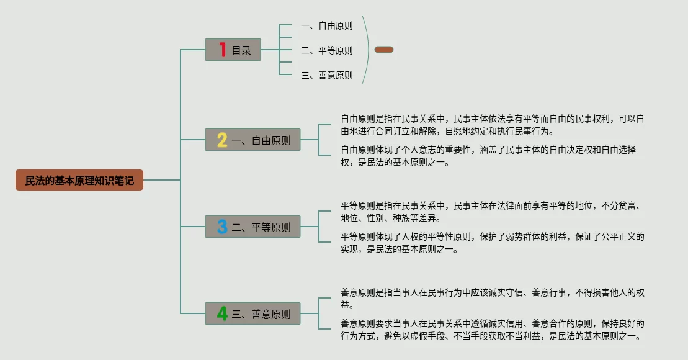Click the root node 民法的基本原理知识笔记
pos(79,180)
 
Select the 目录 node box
pos(233,50)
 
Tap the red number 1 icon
pos(222,50)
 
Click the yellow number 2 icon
pos(222,140)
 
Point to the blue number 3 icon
pos(222,227)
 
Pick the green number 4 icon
pos(222,314)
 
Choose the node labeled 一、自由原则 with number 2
pos(253,140)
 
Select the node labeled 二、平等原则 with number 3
pos(253,227)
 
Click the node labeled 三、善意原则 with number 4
pos(253,314)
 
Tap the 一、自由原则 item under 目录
pos(326,25)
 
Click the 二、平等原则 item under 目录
pos(326,50)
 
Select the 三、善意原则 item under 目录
pos(326,75)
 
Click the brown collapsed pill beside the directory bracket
pos(384,50)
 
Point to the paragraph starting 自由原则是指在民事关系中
pos(492,125)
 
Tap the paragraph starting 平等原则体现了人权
pos(493,243)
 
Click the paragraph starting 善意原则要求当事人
pos(493,330)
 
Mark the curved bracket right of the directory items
pos(369,50)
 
